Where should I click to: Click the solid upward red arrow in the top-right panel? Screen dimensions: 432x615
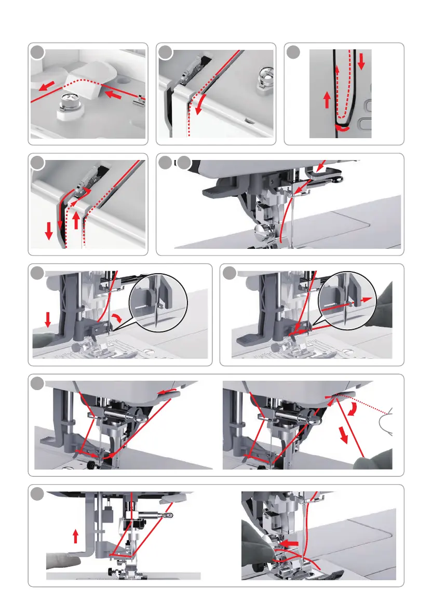[x=326, y=100]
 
